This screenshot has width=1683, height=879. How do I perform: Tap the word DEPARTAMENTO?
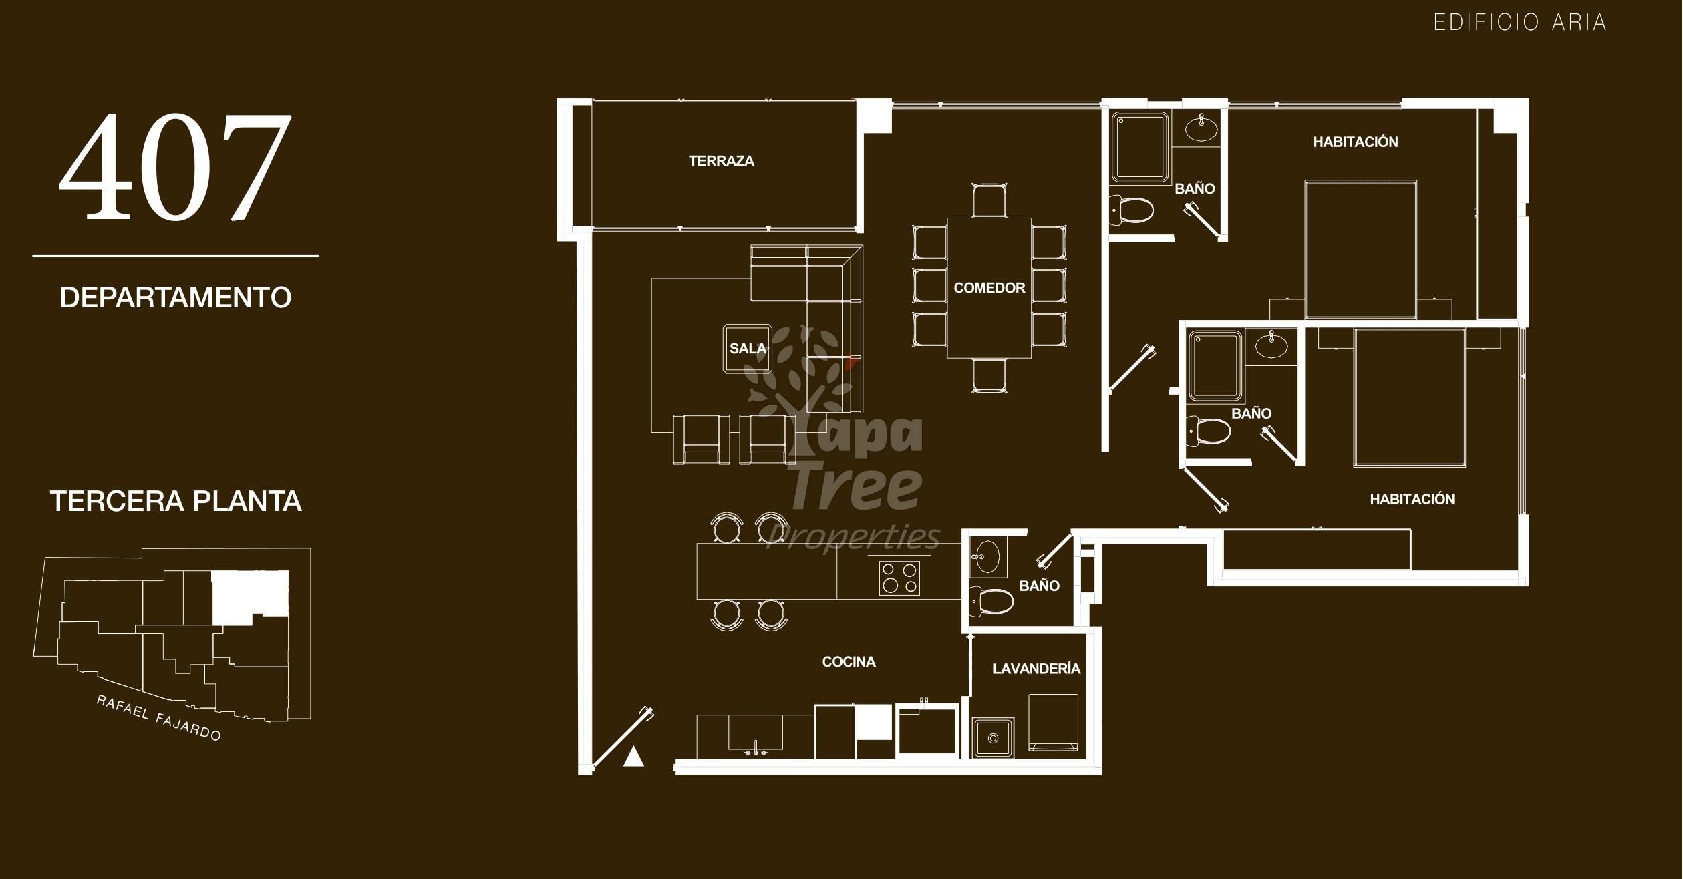[x=176, y=297]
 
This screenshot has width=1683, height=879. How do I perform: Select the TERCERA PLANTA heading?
[x=176, y=501]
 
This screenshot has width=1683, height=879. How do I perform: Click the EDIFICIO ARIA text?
[x=1519, y=23]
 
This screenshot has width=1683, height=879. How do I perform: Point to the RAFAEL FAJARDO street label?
[x=158, y=718]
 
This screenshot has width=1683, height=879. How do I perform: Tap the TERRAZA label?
[x=722, y=161]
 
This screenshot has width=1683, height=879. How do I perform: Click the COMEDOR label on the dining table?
[x=989, y=288]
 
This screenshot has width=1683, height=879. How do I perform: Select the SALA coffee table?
[x=748, y=348]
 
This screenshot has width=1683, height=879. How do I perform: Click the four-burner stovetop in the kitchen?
[x=899, y=578]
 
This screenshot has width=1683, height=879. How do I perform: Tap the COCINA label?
[x=849, y=661]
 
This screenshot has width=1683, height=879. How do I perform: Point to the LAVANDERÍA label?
[x=1036, y=669]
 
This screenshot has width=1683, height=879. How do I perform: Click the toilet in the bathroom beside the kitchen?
[x=991, y=601]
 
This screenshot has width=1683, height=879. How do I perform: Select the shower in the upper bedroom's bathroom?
[x=1140, y=147]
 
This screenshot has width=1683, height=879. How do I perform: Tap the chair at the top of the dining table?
[x=989, y=200]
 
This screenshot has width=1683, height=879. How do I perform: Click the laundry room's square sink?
[x=993, y=737]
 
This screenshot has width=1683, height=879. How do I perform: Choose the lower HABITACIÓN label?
[x=1412, y=499]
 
